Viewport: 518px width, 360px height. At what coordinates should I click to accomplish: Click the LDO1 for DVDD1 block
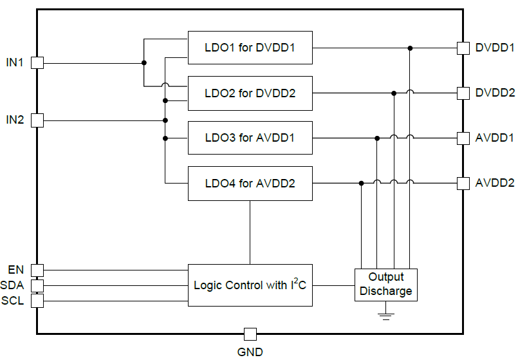(250, 48)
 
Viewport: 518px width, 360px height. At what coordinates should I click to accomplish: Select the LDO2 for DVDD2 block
(250, 93)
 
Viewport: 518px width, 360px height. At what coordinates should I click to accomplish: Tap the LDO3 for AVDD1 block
(250, 138)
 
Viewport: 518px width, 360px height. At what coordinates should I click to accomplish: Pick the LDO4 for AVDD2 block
(250, 183)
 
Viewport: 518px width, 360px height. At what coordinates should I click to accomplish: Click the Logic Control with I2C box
(250, 285)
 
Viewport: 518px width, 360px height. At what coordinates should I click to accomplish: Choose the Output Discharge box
(386, 284)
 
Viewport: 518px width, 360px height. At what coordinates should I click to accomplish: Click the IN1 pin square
(37, 62)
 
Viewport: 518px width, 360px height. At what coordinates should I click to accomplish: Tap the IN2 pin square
(37, 120)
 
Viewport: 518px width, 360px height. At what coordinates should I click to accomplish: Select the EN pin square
(37, 270)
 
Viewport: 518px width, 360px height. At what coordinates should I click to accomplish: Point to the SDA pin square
(37, 285)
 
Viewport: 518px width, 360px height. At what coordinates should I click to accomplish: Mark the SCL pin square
(37, 300)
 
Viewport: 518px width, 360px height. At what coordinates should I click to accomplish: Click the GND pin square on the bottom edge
(250, 334)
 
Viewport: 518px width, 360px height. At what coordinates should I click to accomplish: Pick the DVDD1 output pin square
(463, 48)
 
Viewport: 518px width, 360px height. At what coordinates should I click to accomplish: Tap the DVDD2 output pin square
(463, 93)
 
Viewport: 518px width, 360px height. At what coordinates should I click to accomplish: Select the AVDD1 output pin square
(463, 138)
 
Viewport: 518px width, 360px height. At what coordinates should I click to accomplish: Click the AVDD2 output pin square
(463, 183)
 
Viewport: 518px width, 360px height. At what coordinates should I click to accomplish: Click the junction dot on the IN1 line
(143, 62)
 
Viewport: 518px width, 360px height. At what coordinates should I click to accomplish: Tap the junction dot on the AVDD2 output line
(362, 183)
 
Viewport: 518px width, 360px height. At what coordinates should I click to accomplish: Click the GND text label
(250, 352)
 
